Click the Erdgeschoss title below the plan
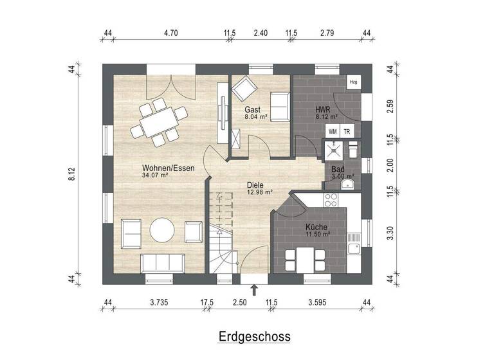click(254, 336)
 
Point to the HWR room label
click(322, 109)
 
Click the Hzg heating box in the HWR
click(353, 82)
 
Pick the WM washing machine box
click(333, 131)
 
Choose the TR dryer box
click(347, 131)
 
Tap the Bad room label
click(338, 168)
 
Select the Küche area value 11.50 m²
click(317, 235)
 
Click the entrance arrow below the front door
click(254, 290)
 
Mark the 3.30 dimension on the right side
click(390, 233)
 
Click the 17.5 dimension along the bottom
click(207, 301)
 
